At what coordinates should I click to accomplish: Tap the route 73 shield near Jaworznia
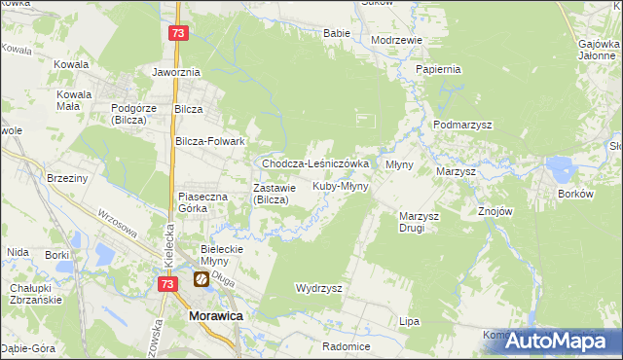176,33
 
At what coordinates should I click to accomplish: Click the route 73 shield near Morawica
168,283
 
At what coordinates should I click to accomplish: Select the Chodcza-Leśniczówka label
314,164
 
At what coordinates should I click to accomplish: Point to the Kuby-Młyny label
340,186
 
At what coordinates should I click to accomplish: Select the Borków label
575,194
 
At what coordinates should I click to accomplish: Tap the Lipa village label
409,320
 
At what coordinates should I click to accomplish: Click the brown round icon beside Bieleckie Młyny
201,280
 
